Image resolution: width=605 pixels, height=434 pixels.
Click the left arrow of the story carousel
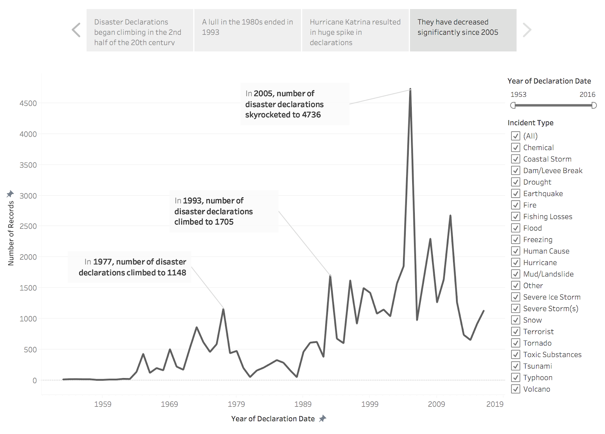76,30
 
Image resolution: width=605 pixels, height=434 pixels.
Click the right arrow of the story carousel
527,30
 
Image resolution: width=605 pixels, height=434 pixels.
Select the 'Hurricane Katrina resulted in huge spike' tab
355,32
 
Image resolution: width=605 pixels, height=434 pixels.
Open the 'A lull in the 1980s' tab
247,27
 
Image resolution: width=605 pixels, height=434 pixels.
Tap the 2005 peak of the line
410,90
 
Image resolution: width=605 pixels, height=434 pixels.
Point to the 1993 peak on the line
330,276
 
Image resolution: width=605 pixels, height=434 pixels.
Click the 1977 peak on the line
223,309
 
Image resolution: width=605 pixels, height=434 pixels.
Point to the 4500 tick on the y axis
28,103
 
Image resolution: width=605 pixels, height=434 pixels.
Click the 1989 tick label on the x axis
303,404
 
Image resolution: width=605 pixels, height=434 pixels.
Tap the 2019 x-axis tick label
495,404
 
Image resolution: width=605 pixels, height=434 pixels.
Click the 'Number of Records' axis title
11,233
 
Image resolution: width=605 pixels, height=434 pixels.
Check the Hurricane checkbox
515,262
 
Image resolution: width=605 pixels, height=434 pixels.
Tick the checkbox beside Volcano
515,389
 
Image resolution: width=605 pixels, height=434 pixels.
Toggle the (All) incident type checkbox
515,136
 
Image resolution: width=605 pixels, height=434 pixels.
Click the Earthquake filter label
543,194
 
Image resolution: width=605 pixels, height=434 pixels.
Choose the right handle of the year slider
594,105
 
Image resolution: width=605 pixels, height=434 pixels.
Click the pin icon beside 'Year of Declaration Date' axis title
323,418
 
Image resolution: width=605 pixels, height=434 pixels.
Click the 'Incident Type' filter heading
530,123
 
